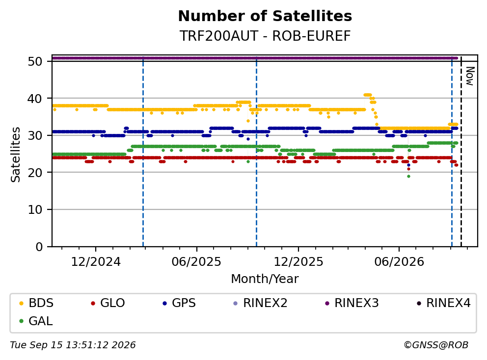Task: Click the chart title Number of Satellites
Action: click(x=265, y=16)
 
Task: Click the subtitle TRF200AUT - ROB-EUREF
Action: click(x=265, y=36)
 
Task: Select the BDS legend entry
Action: click(x=36, y=303)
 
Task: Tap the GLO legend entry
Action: click(x=108, y=303)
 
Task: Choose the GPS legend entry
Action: click(x=179, y=303)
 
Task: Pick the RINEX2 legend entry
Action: click(x=260, y=303)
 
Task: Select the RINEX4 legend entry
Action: click(x=443, y=303)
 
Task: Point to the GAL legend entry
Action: click(x=36, y=321)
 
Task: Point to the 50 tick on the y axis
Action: click(x=35, y=61)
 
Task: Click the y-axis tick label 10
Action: click(x=35, y=210)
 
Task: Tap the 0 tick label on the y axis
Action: click(x=39, y=247)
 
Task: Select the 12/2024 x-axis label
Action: click(x=96, y=262)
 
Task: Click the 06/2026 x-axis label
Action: click(x=399, y=262)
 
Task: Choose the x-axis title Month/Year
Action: click(x=265, y=279)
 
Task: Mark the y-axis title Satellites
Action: click(x=16, y=154)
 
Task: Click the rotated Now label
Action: click(x=470, y=76)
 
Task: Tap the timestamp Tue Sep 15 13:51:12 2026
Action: click(x=73, y=345)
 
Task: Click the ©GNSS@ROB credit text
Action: click(x=436, y=345)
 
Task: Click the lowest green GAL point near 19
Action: click(x=409, y=176)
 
